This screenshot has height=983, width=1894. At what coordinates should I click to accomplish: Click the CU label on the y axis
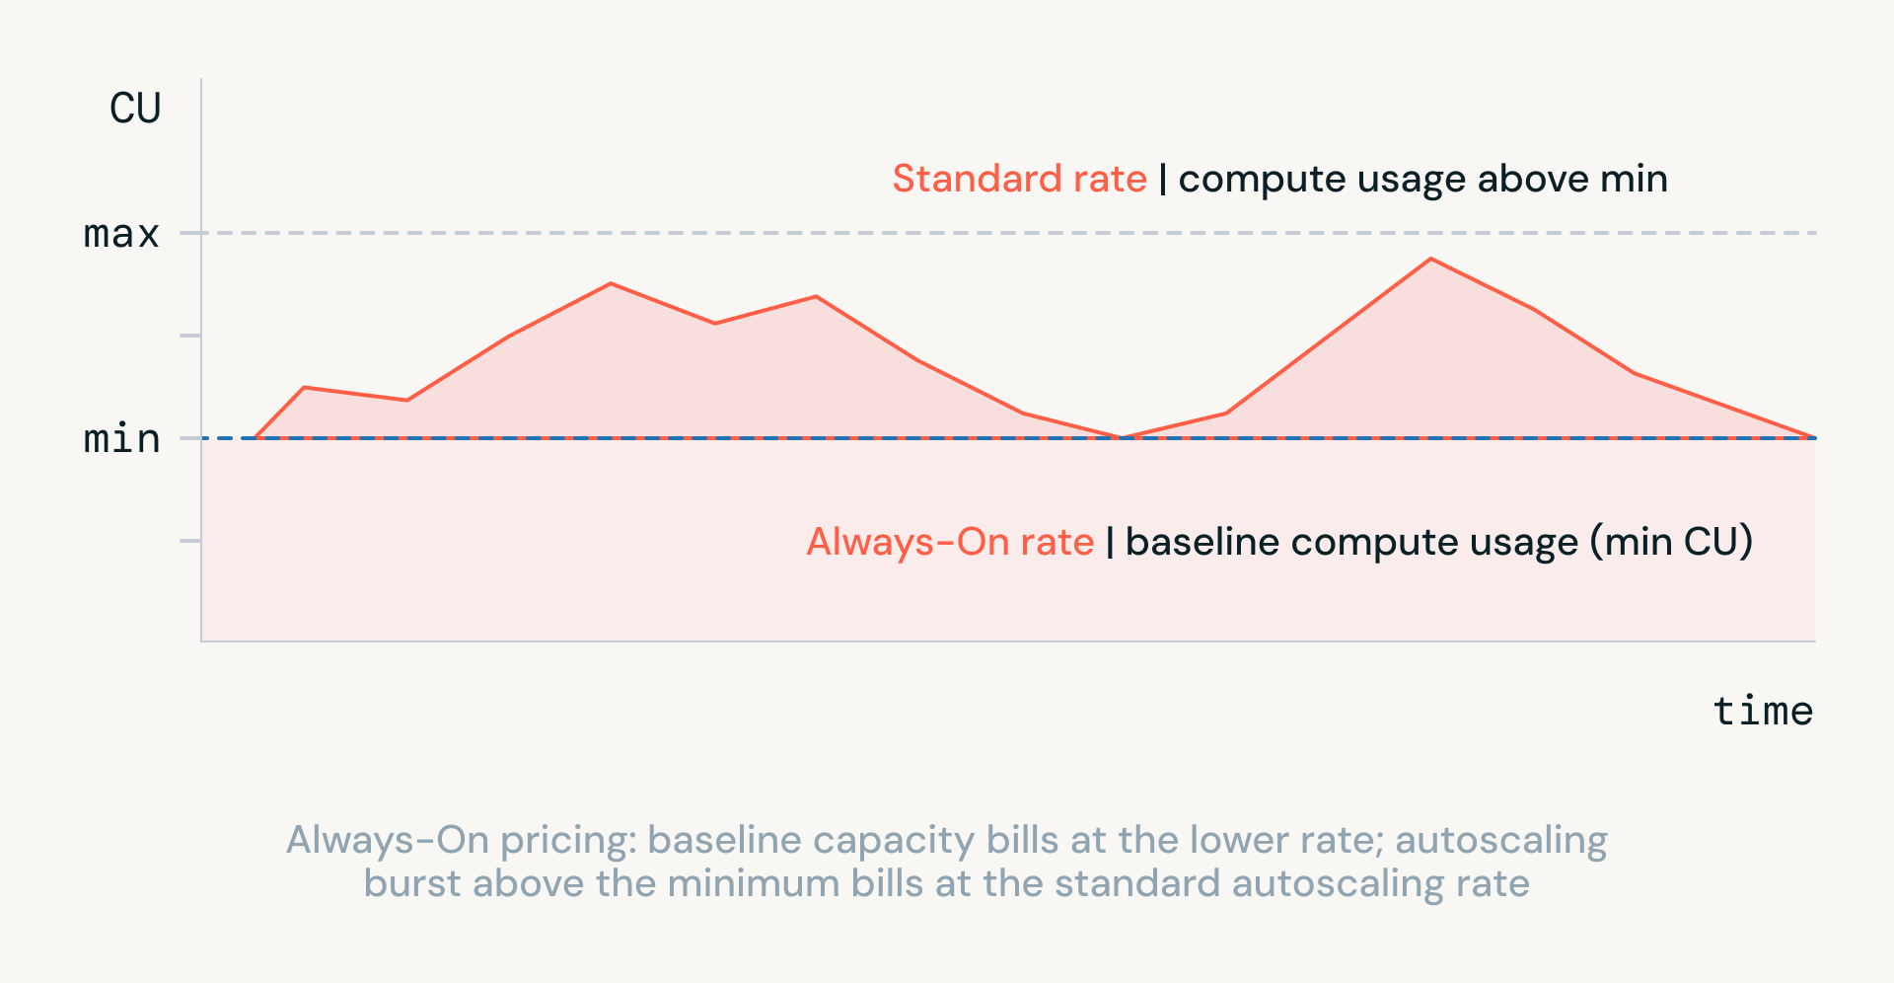(x=135, y=109)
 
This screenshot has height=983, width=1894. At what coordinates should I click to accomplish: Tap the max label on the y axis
(x=121, y=234)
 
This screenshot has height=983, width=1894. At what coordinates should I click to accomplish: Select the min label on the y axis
(x=121, y=438)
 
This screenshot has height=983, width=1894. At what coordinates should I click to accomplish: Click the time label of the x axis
(x=1763, y=711)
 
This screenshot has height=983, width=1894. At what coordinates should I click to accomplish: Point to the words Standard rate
(x=1020, y=179)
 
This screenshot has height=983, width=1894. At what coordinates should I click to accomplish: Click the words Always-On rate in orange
(x=950, y=542)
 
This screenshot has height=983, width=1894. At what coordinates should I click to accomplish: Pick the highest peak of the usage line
(x=1430, y=259)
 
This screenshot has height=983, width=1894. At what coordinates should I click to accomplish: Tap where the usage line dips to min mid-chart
(x=1123, y=437)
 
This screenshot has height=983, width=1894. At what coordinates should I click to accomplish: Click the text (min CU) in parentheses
(x=1671, y=542)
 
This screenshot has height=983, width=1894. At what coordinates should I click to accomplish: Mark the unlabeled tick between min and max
(x=190, y=336)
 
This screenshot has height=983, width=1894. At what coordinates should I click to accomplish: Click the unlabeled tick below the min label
(x=190, y=541)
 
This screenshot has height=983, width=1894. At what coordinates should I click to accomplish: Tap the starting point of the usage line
(x=255, y=437)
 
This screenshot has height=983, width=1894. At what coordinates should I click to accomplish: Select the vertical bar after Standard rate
(x=1163, y=180)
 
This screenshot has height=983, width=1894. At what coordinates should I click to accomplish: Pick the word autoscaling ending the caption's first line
(x=1501, y=841)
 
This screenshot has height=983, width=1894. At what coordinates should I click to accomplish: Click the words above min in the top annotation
(x=1572, y=179)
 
